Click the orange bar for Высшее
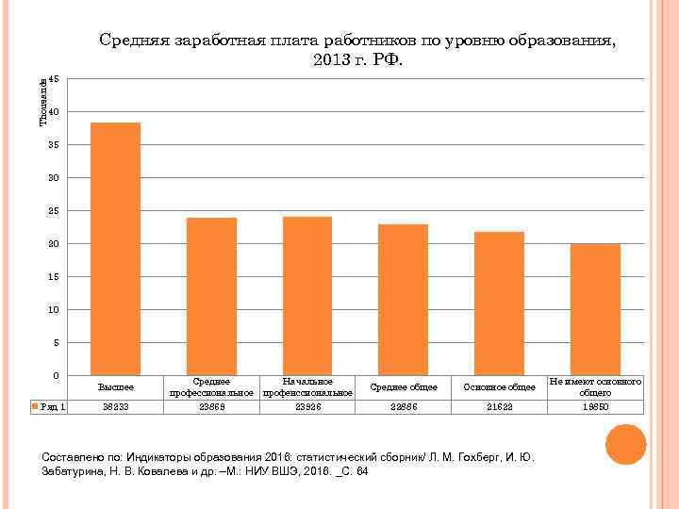[x=115, y=249]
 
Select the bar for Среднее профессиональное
[x=211, y=296]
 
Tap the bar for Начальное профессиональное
[x=307, y=296]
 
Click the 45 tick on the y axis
[x=55, y=79]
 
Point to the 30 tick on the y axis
[x=55, y=178]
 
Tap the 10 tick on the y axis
[x=55, y=310]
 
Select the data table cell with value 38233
[x=115, y=407]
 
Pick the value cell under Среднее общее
[x=403, y=407]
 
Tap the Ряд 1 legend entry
[x=50, y=407]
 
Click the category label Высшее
[x=115, y=386]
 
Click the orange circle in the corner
[x=625, y=444]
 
